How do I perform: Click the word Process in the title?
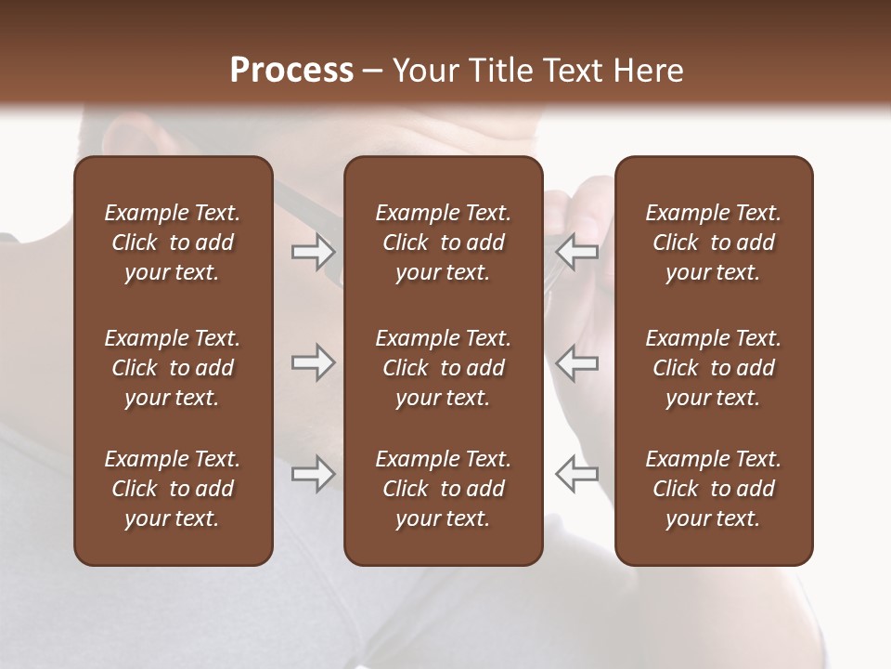tap(291, 71)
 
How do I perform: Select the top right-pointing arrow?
tap(313, 252)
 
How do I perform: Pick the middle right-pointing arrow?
tap(313, 362)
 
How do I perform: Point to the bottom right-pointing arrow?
tap(313, 474)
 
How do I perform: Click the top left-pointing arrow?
tap(577, 252)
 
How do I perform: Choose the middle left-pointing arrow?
tap(577, 362)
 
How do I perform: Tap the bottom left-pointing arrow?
tap(577, 474)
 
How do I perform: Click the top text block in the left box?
tap(173, 243)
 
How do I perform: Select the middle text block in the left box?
tap(173, 368)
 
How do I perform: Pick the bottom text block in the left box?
tap(173, 489)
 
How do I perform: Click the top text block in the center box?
tap(443, 243)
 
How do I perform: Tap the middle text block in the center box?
tap(443, 368)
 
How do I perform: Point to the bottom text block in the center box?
tap(443, 489)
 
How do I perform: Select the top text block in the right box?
tap(713, 243)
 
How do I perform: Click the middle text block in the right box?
tap(713, 368)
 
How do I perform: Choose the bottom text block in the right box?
tap(713, 489)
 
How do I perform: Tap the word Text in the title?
tap(574, 71)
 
